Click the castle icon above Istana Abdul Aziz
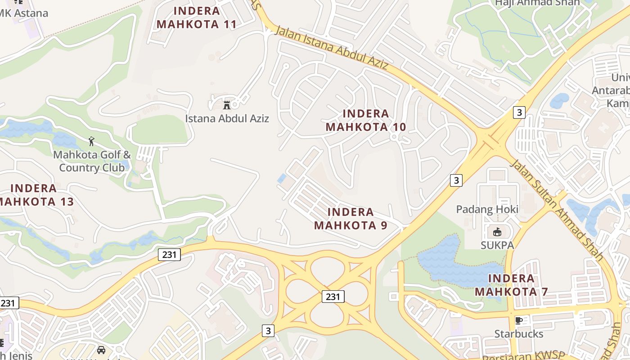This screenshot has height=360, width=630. [227, 105]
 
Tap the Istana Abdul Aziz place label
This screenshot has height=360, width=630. [227, 119]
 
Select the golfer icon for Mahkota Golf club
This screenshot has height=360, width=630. [92, 141]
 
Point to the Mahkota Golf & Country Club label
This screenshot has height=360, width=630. [92, 161]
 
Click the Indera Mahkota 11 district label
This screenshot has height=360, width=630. [197, 18]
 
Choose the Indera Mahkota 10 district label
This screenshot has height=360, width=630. [365, 120]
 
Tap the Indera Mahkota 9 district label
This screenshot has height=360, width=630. [351, 218]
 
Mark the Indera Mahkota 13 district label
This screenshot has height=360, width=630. [36, 195]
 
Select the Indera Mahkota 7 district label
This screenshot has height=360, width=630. [511, 285]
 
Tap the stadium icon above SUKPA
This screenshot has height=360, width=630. [497, 232]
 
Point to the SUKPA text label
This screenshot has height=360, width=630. [497, 245]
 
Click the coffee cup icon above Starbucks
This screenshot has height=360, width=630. [518, 320]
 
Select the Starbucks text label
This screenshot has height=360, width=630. [518, 334]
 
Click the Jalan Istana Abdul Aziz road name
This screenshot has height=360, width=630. [331, 48]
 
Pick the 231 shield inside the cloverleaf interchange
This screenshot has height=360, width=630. [333, 297]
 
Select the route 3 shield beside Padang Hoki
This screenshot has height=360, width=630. [456, 180]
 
